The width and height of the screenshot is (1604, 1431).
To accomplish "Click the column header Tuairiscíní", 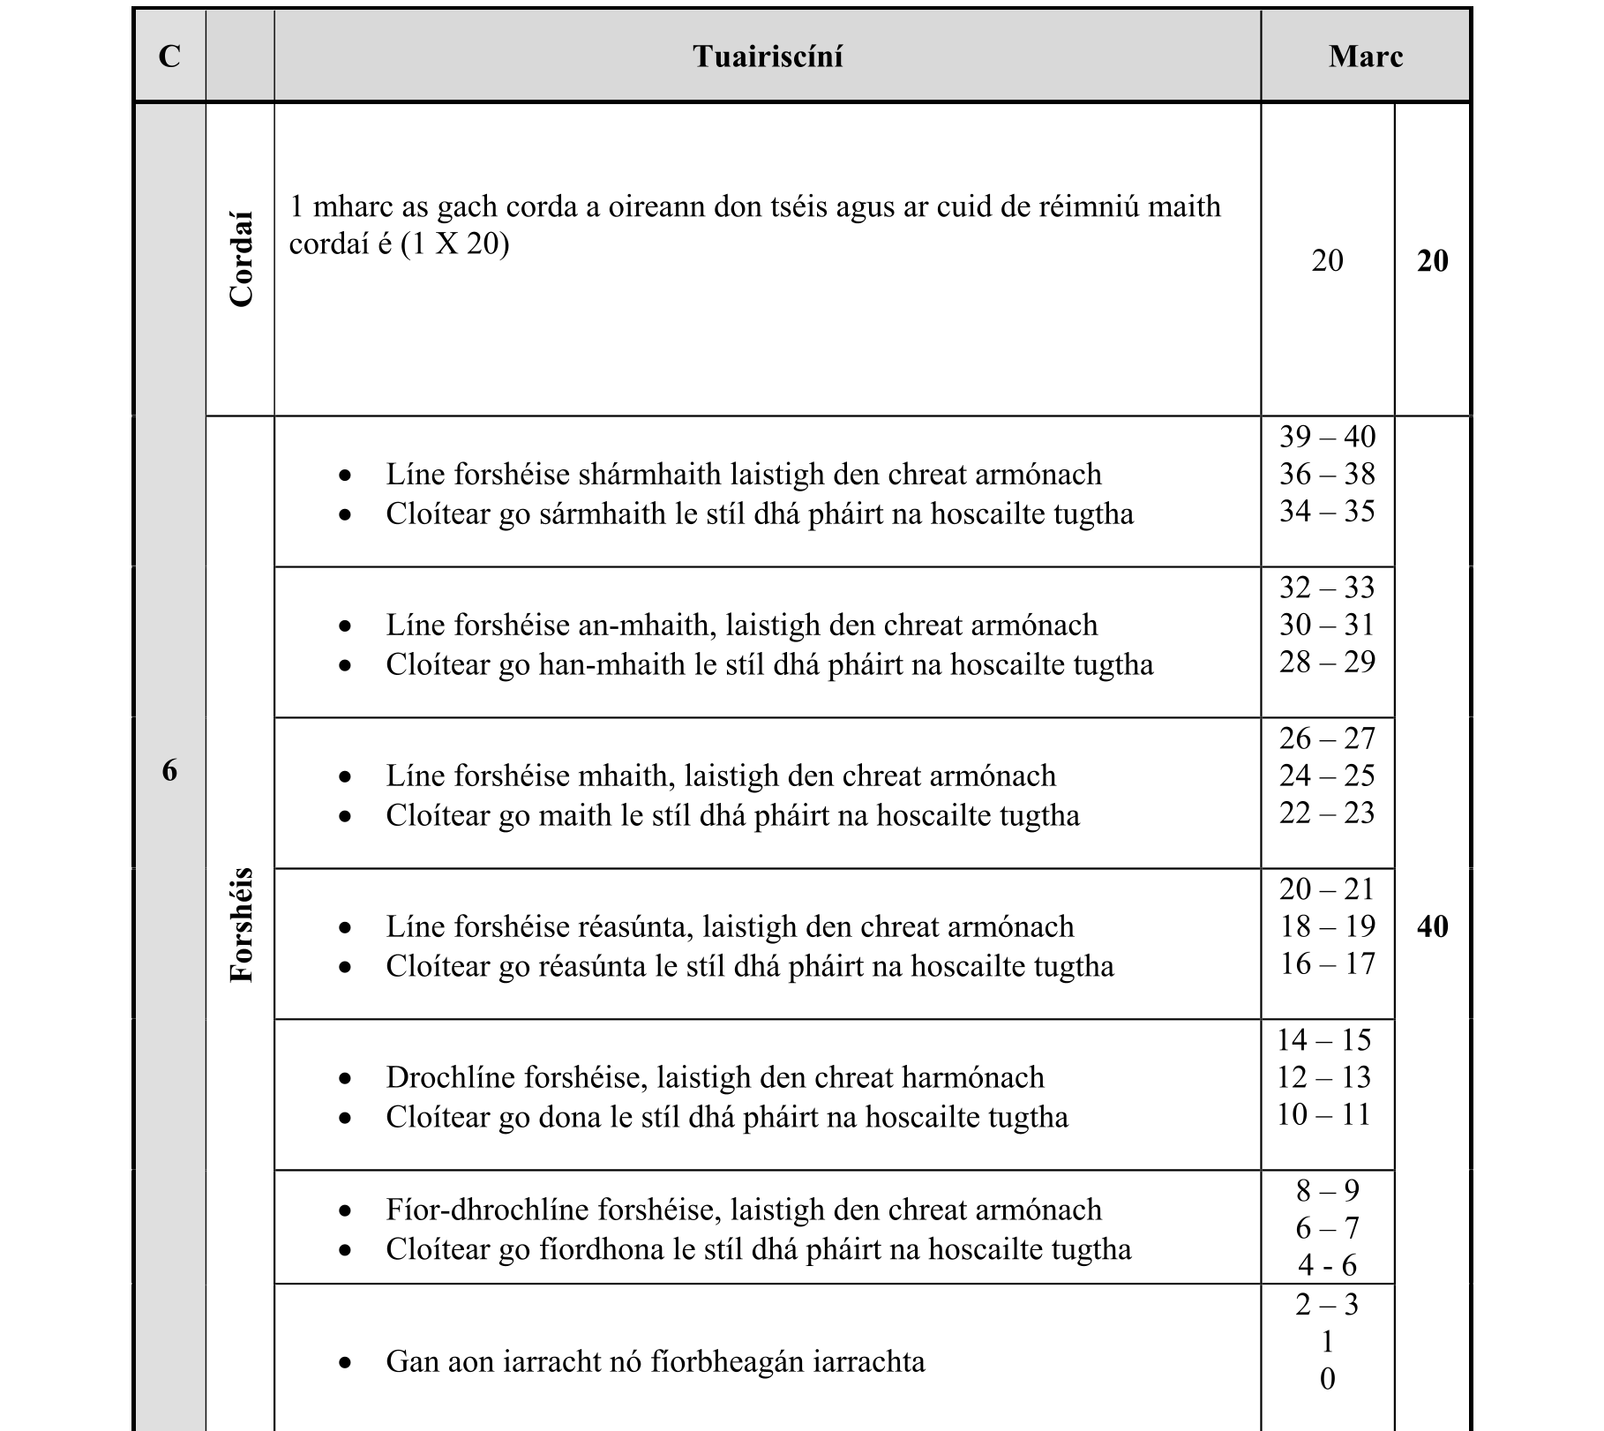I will pos(767,56).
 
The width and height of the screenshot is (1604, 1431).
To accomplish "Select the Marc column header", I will pos(1365,56).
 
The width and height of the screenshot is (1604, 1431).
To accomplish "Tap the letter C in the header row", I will pos(169,56).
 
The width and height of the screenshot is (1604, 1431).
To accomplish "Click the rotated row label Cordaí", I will pos(241,258).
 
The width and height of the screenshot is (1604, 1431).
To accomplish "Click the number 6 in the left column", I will pos(169,771).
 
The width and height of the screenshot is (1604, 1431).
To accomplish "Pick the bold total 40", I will pos(1432,926).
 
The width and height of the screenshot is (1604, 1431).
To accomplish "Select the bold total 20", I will pos(1432,261).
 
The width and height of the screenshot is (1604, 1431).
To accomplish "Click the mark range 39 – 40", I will pos(1327,437).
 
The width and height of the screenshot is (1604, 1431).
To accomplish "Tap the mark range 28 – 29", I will pos(1327,662).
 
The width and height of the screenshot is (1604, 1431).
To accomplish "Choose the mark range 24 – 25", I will pos(1327,775).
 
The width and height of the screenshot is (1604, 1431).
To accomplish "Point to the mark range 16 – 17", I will pos(1327,963).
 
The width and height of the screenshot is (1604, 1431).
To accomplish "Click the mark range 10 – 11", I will pos(1323,1114).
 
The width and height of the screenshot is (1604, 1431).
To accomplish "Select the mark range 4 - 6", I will pos(1327,1266).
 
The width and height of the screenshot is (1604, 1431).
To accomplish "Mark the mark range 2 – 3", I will pos(1327,1304).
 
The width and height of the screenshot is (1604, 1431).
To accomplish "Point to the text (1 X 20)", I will pos(454,243).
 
